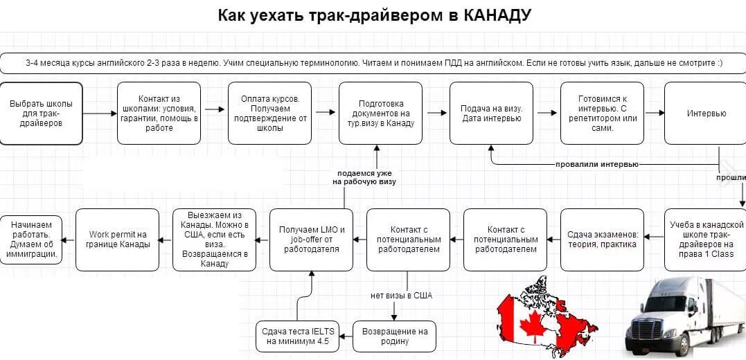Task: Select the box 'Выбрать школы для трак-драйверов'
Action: pyautogui.click(x=41, y=113)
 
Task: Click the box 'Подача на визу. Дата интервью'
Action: pyautogui.click(x=491, y=113)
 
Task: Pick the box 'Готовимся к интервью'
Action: pyautogui.click(x=602, y=113)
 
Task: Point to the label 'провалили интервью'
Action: pyautogui.click(x=596, y=165)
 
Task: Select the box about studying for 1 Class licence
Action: pyautogui.click(x=706, y=240)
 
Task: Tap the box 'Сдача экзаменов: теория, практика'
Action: pyautogui.click(x=602, y=240)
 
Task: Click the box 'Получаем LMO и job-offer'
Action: pyautogui.click(x=311, y=240)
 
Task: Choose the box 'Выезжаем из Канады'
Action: pyautogui.click(x=214, y=240)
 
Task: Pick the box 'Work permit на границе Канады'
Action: pyautogui.click(x=117, y=240)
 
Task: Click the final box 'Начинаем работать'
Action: pyautogui.click(x=30, y=240)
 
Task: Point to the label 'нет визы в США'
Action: pyautogui.click(x=401, y=296)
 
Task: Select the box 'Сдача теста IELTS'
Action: pyautogui.click(x=297, y=336)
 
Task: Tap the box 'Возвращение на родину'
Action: pyautogui.click(x=394, y=336)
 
